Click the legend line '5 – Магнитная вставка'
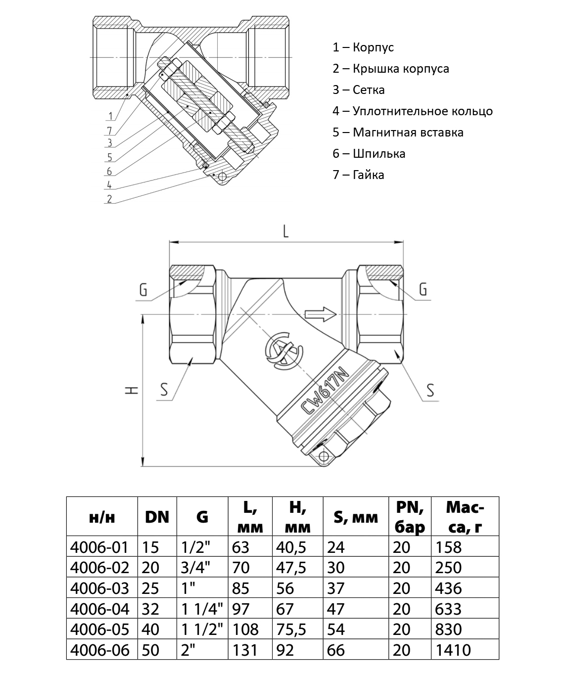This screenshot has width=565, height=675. click(398, 133)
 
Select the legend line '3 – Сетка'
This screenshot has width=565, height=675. click(358, 90)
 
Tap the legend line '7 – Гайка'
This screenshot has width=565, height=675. click(358, 175)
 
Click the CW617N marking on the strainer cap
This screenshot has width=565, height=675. click(325, 391)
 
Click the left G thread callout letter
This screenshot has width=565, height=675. click(143, 289)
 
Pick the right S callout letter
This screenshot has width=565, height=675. click(430, 390)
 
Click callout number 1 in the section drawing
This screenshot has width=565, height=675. click(111, 117)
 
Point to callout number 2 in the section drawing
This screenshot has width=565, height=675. click(109, 199)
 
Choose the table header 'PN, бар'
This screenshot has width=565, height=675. click(410, 517)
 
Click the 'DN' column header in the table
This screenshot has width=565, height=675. click(157, 517)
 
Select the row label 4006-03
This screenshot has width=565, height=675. click(100, 588)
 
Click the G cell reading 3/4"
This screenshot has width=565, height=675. click(196, 567)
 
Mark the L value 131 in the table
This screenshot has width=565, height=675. click(245, 649)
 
